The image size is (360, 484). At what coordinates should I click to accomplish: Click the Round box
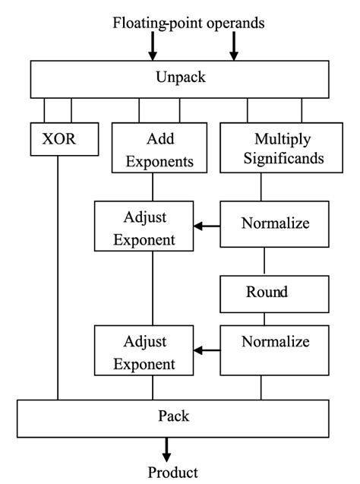click(264, 293)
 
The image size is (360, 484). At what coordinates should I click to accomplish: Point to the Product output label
click(173, 472)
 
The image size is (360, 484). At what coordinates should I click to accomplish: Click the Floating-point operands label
click(189, 23)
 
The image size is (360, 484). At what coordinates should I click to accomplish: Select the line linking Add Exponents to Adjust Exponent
click(153, 188)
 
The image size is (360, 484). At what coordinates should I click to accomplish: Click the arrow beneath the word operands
click(233, 47)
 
